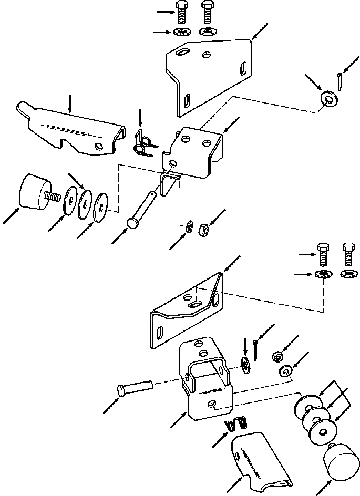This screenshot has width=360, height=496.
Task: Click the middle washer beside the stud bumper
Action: tap(84, 203)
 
